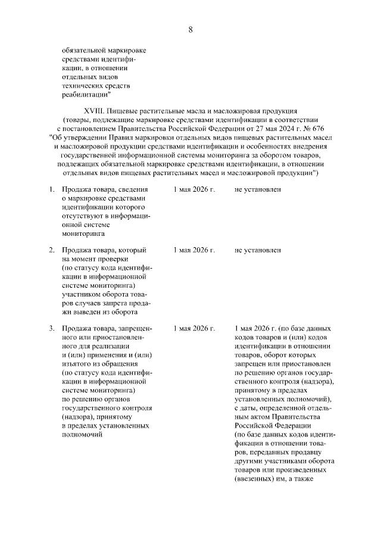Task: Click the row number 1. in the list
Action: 51,189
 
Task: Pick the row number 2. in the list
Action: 51,250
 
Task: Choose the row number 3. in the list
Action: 51,328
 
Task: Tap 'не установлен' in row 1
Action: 258,189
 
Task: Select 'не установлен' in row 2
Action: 258,250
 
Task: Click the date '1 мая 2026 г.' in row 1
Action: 194,189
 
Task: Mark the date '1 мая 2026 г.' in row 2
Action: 194,250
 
